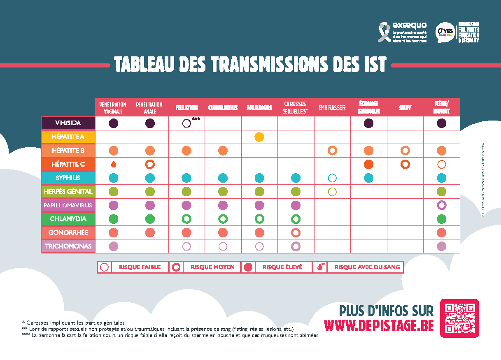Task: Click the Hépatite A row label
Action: click(68, 137)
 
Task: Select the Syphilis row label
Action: click(68, 178)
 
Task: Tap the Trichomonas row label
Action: click(68, 246)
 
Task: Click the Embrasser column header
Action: click(332, 108)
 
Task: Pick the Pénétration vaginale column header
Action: click(113, 108)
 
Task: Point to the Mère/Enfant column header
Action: click(441, 108)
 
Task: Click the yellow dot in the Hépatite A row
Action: click(259, 137)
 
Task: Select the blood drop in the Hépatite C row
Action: click(114, 165)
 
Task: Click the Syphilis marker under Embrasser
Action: click(332, 178)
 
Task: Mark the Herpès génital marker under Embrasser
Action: click(332, 192)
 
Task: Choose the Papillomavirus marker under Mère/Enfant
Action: click(442, 205)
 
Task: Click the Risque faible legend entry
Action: click(134, 267)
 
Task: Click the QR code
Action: click(459, 318)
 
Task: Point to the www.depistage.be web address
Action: click(379, 325)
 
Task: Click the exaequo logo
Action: click(403, 32)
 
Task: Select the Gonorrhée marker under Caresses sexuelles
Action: click(296, 232)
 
